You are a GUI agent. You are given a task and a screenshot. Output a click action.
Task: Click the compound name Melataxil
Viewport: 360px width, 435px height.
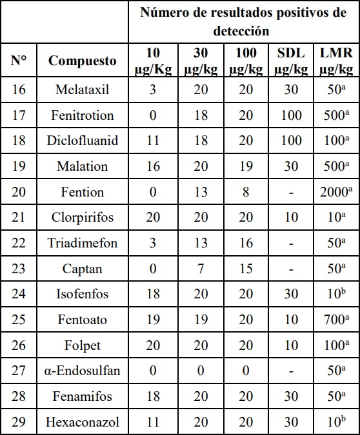pos(83,90)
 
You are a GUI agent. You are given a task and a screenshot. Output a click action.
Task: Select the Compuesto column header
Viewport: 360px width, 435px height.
pos(83,61)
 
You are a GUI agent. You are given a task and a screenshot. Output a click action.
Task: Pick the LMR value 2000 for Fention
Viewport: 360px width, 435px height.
pos(336,192)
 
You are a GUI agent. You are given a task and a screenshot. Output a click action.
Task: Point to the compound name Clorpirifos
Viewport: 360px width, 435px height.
pos(83,217)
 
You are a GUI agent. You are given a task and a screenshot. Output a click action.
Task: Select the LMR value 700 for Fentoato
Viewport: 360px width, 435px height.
pos(336,320)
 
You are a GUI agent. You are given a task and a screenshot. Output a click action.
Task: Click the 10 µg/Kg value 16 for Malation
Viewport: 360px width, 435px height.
pos(153,166)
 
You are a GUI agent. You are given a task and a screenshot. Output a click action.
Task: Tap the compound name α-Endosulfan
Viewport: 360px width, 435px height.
pos(83,371)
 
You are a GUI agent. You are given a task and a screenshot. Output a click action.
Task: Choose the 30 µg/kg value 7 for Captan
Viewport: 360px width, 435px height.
pos(201,269)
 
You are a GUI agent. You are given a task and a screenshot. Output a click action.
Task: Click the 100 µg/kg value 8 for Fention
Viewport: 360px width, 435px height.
pos(246,192)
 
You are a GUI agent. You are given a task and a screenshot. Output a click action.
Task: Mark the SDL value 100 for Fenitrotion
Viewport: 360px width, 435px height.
pos(292,115)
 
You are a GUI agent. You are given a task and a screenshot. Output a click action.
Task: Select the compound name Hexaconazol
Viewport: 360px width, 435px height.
pos(83,422)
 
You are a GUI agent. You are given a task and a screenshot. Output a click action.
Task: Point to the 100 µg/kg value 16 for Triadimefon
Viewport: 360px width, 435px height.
pos(246,243)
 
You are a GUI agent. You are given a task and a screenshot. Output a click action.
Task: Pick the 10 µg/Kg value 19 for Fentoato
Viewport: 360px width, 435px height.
pos(153,320)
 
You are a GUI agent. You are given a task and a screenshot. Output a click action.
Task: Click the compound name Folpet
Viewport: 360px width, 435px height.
pos(83,345)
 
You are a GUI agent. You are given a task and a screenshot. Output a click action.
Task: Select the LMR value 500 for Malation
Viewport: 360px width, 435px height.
pos(336,166)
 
